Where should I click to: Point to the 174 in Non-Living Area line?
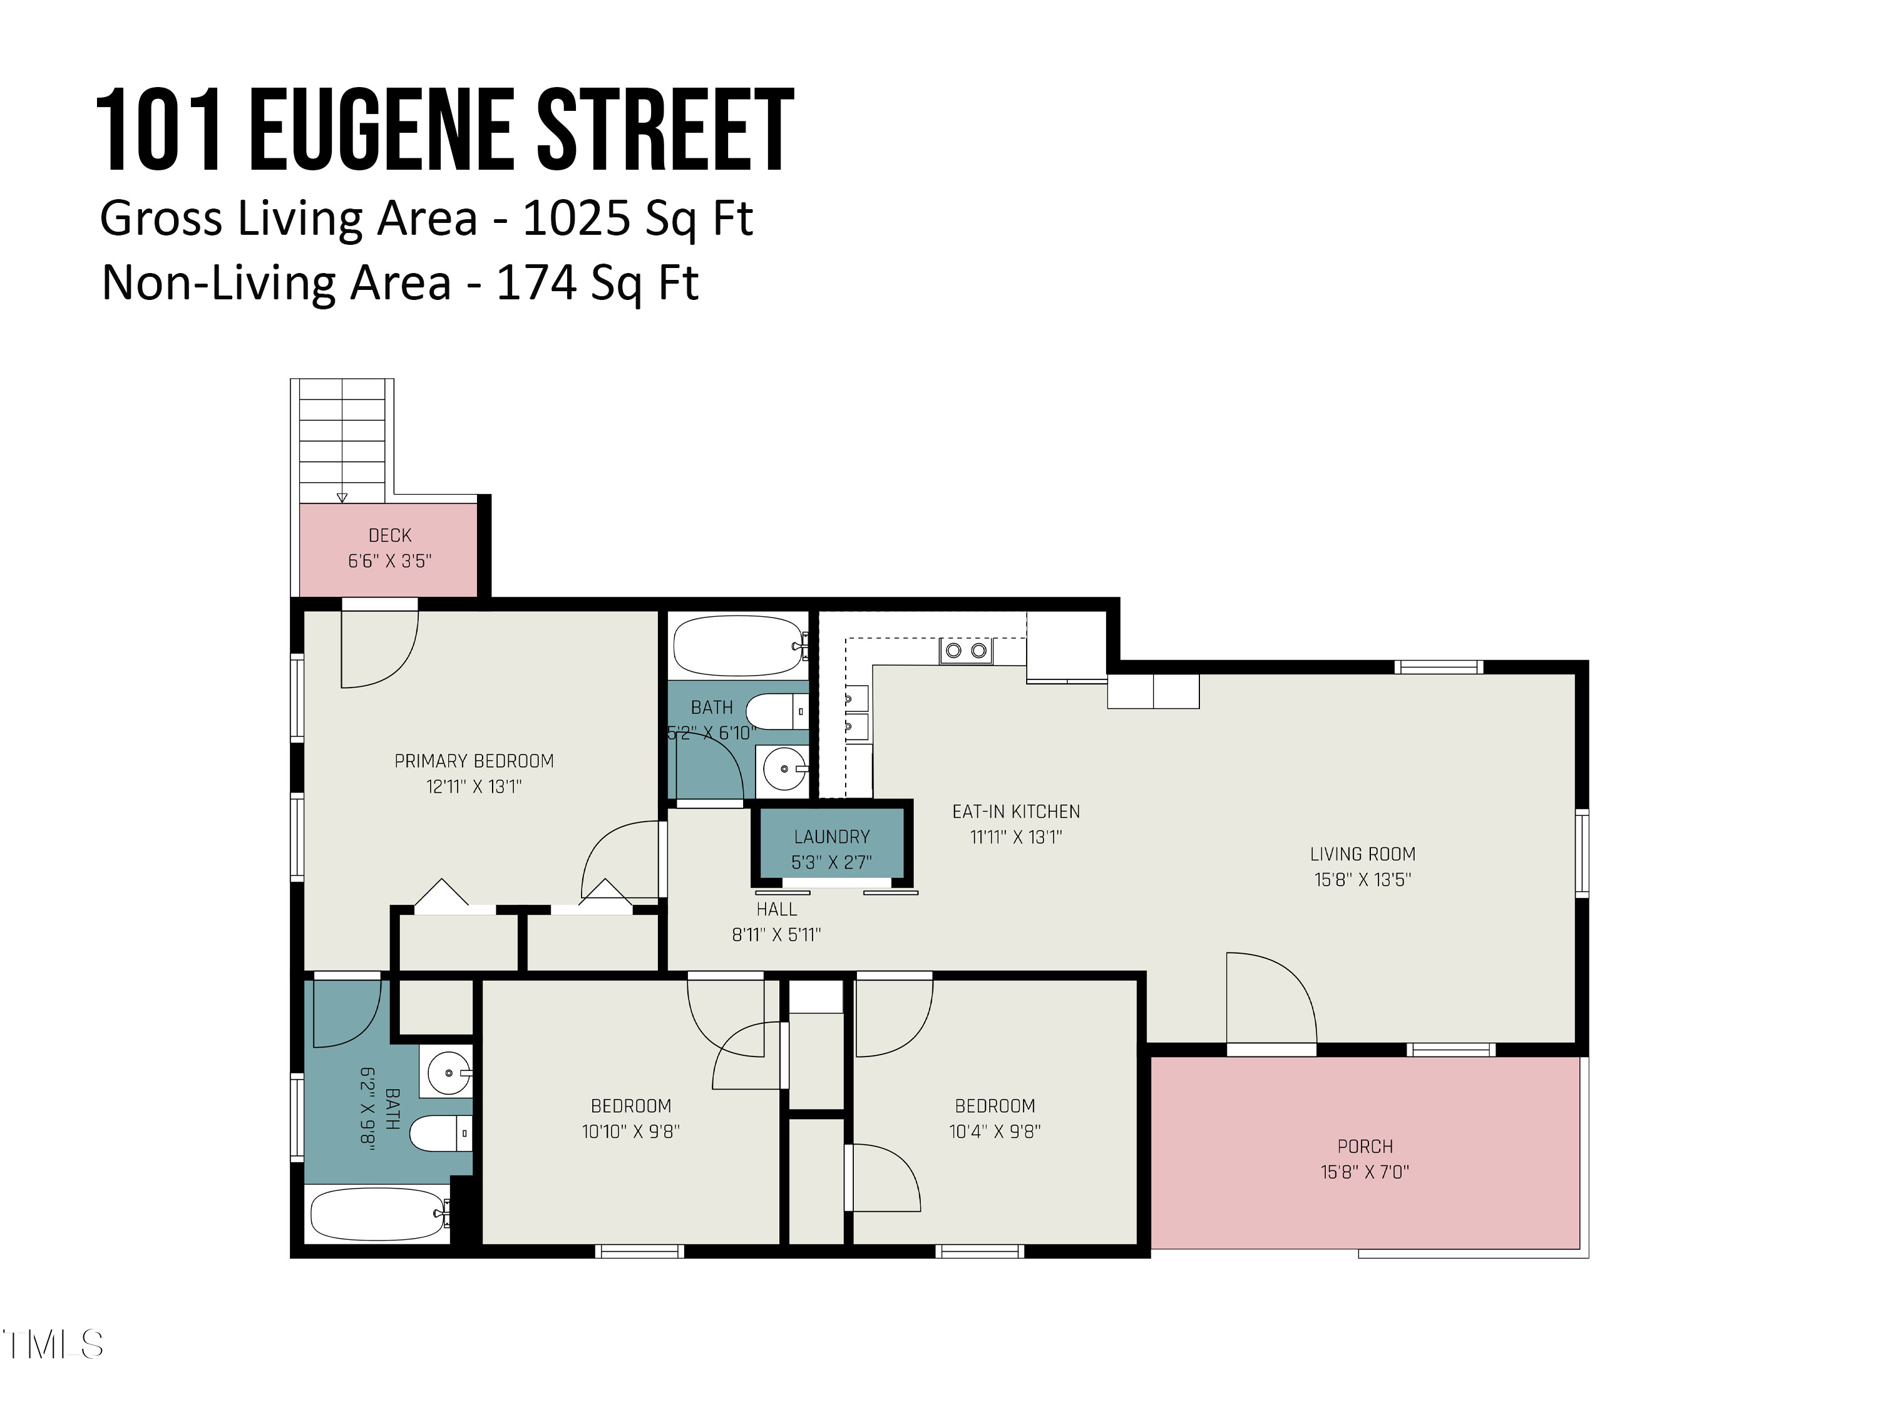coord(532,283)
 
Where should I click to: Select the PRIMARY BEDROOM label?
coord(474,761)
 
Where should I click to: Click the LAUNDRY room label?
coord(831,837)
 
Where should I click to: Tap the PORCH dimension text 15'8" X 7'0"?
coord(1364,1172)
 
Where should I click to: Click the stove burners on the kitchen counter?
coord(965,651)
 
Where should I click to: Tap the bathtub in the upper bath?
coord(737,646)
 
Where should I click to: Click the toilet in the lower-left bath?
coord(437,1133)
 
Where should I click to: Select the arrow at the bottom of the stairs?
coord(342,498)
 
